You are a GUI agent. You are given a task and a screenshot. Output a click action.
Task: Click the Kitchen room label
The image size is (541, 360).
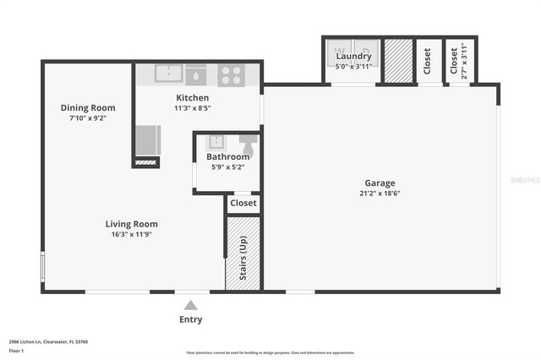pos(192,98)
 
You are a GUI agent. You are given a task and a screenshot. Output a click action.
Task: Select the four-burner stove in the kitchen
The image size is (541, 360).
pos(229,75)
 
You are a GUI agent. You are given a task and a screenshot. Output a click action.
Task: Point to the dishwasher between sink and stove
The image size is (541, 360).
pos(196,74)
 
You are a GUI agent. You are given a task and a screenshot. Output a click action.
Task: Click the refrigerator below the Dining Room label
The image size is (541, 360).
pos(146,139)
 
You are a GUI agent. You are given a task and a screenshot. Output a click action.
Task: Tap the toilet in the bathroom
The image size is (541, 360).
pos(248,141)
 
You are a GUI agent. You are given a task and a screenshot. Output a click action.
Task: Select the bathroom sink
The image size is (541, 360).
pos(214,142)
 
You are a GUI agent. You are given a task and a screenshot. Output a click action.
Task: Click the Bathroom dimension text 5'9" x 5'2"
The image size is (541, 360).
pos(228,167)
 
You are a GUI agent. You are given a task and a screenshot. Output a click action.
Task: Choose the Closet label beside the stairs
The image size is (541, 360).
pos(243,203)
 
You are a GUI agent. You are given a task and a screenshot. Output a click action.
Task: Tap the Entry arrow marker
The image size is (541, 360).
pos(191,305)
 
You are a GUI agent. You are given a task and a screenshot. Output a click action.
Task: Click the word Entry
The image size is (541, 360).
pos(191,319)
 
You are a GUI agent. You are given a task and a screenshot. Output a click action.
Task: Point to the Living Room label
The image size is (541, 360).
pos(132,224)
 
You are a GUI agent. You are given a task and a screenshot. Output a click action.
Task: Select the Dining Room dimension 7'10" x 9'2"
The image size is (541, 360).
pos(88,119)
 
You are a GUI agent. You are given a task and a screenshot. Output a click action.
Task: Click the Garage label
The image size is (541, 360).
pos(380,183)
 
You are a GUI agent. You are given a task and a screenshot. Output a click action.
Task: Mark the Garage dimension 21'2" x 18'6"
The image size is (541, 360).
pos(380,194)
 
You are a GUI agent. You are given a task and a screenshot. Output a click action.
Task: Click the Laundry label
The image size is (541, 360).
pos(353,56)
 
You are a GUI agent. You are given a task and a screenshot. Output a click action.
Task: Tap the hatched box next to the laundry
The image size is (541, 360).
pos(396,62)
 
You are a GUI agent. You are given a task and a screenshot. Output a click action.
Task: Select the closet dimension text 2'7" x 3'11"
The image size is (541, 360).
pos(464,60)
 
